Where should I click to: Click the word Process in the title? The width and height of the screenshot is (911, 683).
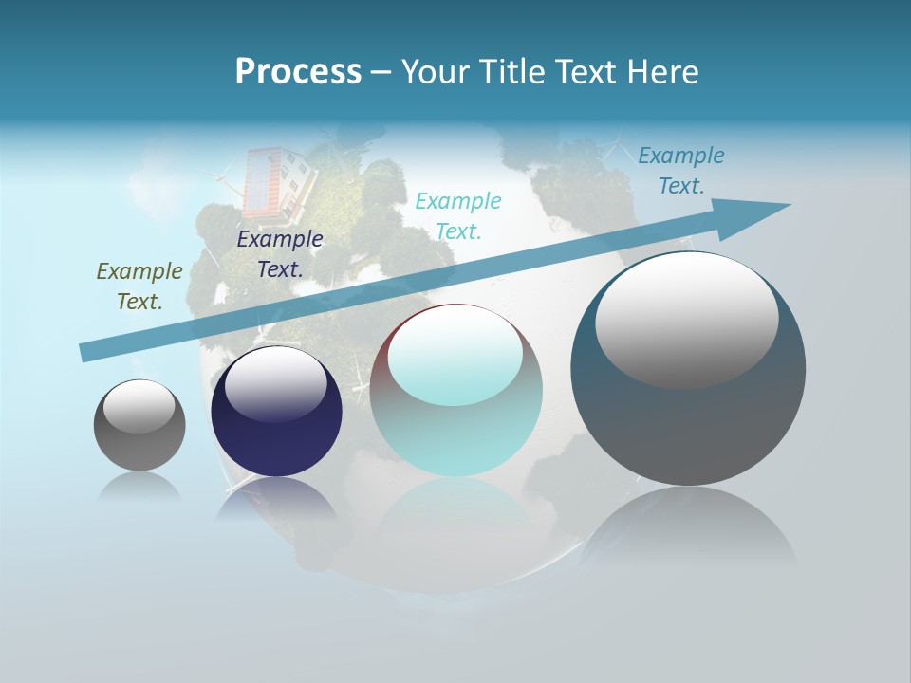click(x=298, y=72)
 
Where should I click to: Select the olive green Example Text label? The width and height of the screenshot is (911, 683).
click(x=139, y=286)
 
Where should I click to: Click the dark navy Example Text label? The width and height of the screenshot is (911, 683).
click(x=280, y=253)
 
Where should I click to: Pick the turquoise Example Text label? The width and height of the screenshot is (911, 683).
click(x=458, y=215)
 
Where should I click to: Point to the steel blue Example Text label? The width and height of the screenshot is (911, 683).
click(x=681, y=171)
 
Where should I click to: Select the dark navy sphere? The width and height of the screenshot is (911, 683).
click(x=276, y=432)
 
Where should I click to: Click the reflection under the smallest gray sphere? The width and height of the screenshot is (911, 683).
click(x=139, y=489)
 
